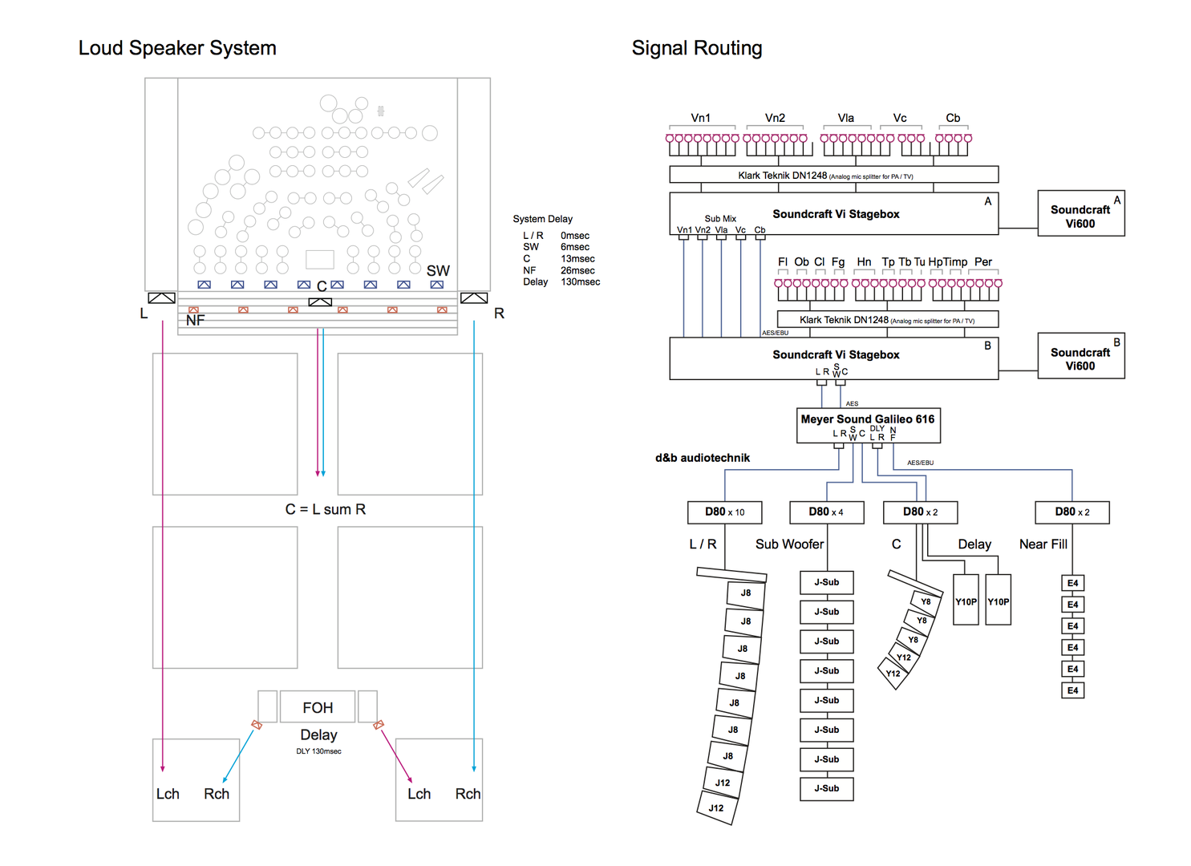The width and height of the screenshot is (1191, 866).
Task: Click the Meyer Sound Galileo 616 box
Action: click(x=868, y=426)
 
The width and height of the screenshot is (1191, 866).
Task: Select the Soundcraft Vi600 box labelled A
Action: click(x=1080, y=213)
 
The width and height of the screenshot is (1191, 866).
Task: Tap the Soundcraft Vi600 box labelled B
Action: click(x=1080, y=356)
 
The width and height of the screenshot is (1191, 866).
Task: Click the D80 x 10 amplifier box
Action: click(x=724, y=512)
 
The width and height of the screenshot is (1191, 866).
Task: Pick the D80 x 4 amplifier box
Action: click(x=825, y=512)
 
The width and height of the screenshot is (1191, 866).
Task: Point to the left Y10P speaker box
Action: click(x=966, y=600)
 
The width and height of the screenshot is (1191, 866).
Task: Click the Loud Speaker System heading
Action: click(x=177, y=48)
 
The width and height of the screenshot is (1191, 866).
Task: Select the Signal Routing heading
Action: click(x=696, y=48)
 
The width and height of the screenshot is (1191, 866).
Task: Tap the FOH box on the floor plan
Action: click(x=318, y=707)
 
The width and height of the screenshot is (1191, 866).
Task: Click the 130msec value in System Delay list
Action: click(x=581, y=282)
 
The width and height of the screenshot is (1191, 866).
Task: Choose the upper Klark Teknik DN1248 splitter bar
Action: click(x=833, y=175)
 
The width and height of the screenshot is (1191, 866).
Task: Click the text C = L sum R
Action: click(x=325, y=509)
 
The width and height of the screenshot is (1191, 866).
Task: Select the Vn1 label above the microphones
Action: click(x=700, y=118)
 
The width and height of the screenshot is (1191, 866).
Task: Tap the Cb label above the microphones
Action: click(x=953, y=118)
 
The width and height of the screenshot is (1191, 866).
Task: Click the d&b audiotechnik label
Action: click(x=703, y=458)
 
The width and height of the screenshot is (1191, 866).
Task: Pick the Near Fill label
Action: click(x=1043, y=544)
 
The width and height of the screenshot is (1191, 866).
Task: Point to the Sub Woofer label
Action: click(x=789, y=544)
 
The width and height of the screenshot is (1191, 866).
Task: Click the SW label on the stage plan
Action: click(x=438, y=271)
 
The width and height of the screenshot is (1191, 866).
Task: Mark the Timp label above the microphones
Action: click(x=955, y=262)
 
